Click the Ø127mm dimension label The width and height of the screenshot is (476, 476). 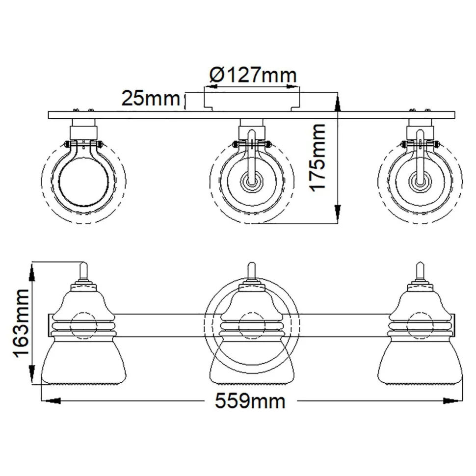[253, 76]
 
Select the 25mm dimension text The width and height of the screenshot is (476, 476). [150, 99]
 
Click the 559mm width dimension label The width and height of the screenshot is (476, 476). [250, 401]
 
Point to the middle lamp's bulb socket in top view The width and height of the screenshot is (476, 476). [251, 183]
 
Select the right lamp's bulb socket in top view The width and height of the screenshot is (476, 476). [420, 183]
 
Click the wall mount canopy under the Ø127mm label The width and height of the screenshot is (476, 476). [252, 101]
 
